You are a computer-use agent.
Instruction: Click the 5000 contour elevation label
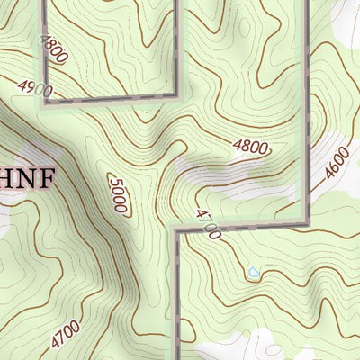[118, 193]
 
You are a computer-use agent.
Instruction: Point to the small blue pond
[253, 271]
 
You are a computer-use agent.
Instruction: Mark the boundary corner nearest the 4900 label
[45, 100]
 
